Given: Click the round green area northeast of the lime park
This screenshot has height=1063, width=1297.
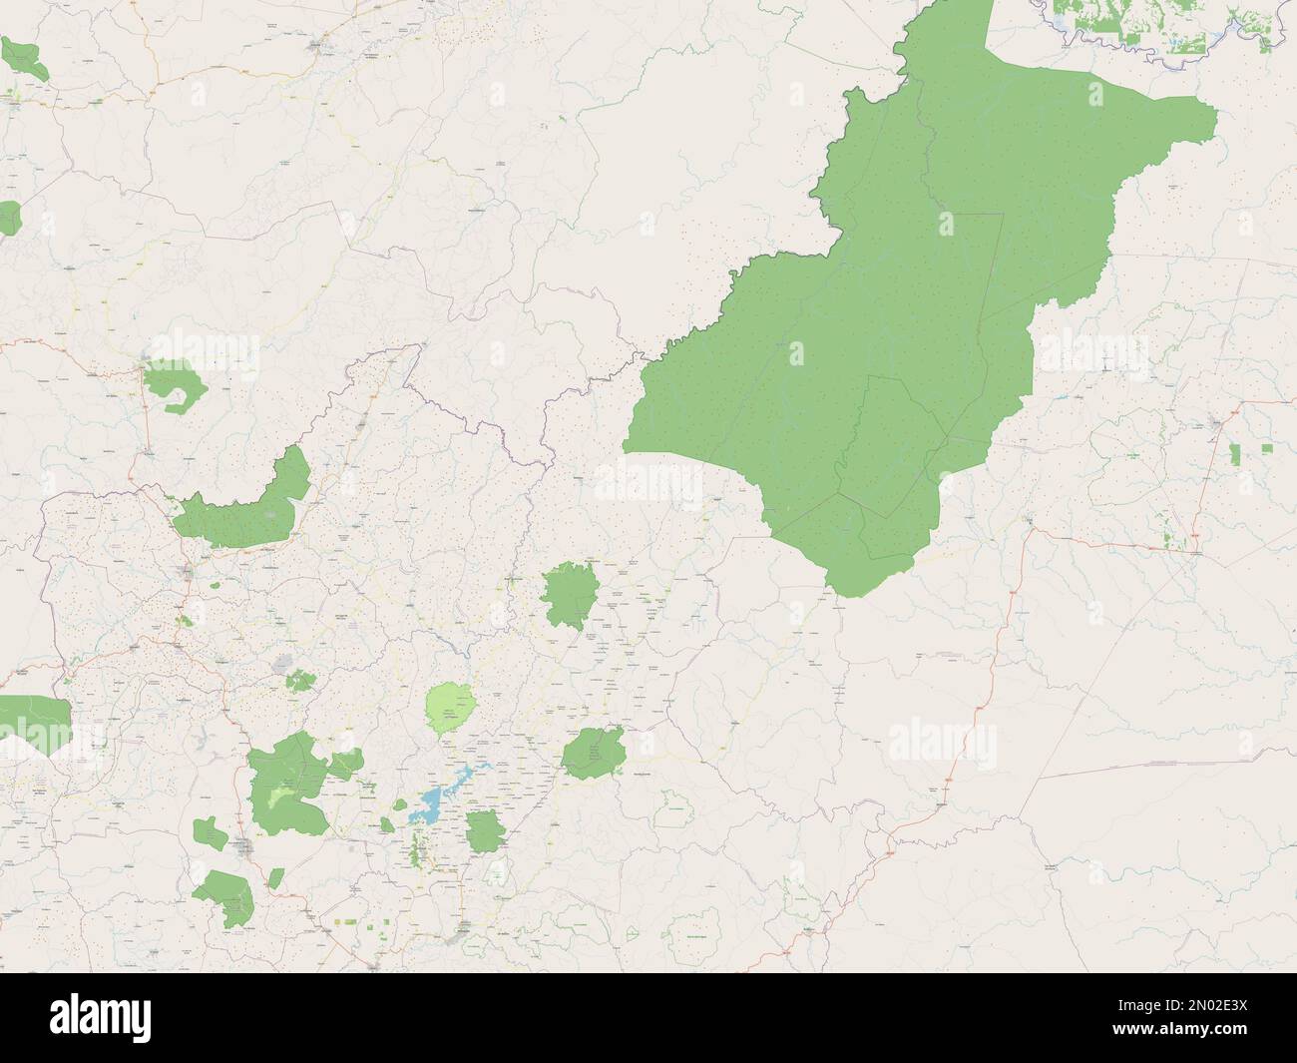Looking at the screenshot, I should [x=570, y=593].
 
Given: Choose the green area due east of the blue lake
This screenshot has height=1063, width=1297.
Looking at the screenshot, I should [x=594, y=753].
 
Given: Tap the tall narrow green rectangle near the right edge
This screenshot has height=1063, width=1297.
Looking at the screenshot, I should [x=1234, y=455].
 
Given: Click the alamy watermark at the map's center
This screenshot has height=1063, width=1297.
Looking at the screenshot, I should [x=648, y=483].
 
